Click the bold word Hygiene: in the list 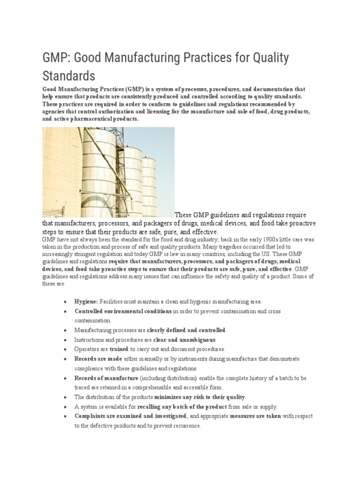click(86, 301)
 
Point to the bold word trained click(119, 349)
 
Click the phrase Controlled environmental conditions click(123, 311)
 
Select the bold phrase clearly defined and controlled click(186, 330)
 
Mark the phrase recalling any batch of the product click(183, 407)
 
